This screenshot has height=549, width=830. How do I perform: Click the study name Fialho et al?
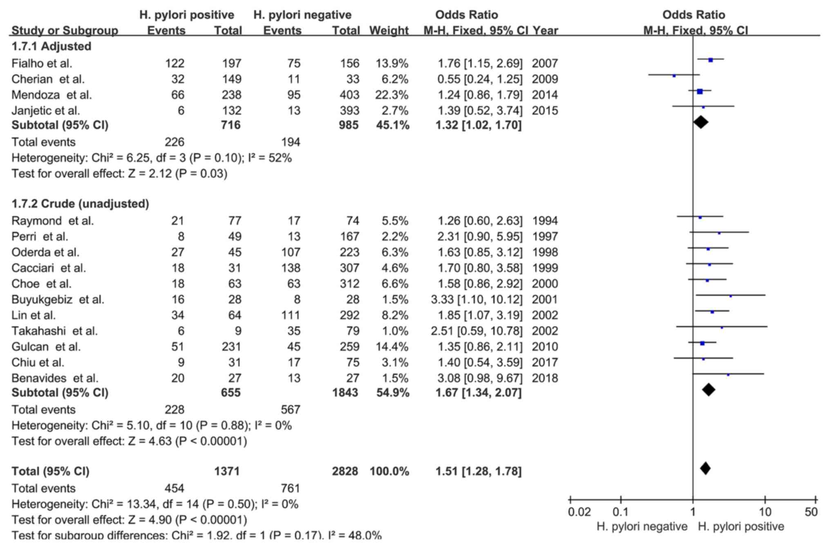click(42, 63)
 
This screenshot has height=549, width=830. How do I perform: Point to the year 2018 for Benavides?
click(545, 378)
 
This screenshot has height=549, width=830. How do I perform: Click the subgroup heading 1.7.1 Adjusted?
click(51, 46)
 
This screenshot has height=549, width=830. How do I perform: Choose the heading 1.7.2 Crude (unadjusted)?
click(80, 203)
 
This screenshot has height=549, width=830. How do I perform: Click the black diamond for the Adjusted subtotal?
click(700, 122)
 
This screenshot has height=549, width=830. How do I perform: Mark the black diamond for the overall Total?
click(705, 469)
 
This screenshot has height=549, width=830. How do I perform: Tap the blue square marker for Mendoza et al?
click(700, 91)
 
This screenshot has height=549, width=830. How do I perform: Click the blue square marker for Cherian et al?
click(674, 76)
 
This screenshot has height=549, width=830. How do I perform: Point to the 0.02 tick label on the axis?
click(579, 512)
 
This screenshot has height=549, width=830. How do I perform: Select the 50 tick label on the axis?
click(811, 512)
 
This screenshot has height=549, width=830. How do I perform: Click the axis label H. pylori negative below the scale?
click(642, 527)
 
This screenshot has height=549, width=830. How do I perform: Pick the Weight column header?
click(389, 30)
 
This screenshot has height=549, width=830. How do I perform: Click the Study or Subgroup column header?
click(65, 30)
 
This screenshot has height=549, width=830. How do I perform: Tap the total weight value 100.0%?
click(389, 471)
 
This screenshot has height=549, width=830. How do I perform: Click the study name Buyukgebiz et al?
click(58, 299)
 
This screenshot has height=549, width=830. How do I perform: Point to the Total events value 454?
click(174, 488)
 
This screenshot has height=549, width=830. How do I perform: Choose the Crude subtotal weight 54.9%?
click(392, 393)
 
